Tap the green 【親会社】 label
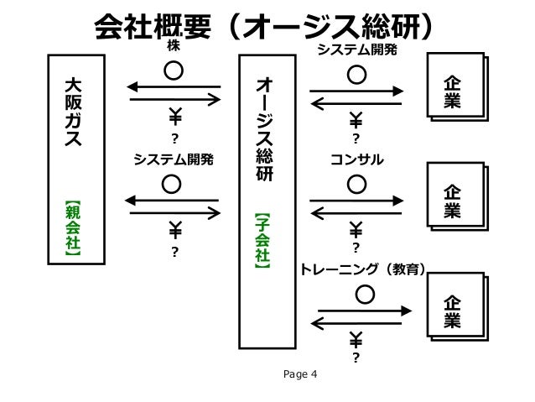(75, 227)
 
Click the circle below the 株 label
(174, 70)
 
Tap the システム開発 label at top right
(356, 50)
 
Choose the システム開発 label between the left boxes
(174, 158)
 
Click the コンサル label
(357, 158)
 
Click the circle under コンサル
(356, 181)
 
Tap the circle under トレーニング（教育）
(365, 295)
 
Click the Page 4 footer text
(301, 374)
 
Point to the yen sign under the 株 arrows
(175, 116)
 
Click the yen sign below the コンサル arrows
(356, 228)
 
